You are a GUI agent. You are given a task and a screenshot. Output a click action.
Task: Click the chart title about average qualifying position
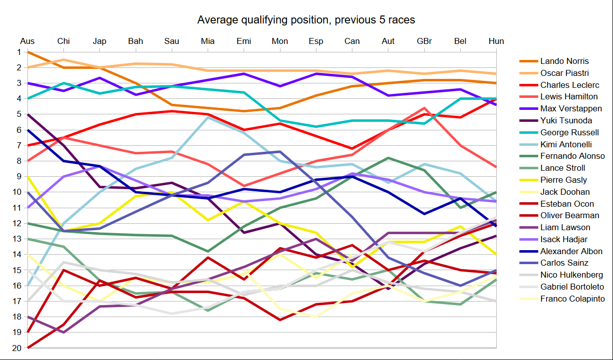point(306,20)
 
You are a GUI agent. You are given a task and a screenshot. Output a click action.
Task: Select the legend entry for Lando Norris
point(564,61)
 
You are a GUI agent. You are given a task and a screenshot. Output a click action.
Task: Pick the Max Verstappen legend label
point(571,108)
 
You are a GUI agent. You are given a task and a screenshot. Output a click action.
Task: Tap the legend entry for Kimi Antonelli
point(566,144)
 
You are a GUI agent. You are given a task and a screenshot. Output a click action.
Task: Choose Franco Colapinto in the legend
point(572,299)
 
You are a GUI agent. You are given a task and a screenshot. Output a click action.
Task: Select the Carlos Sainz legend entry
point(564,263)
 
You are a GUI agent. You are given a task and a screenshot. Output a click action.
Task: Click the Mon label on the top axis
point(280,41)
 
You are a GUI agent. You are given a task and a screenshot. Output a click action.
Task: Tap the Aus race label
point(27,41)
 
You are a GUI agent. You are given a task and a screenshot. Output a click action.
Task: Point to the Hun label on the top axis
point(496,41)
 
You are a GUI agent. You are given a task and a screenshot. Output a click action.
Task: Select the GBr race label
point(424,41)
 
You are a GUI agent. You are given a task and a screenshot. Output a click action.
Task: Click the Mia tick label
point(208,41)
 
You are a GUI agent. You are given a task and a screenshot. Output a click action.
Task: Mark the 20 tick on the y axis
point(17,348)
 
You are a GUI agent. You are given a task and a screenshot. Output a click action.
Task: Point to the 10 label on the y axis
point(17,192)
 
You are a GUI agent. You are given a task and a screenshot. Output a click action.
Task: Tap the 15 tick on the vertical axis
point(17,270)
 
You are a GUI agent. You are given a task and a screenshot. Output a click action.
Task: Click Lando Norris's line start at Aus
point(28,52)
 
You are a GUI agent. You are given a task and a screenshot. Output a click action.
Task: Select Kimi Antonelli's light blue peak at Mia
point(208,117)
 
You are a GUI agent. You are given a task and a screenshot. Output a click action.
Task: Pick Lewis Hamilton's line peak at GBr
point(424,108)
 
